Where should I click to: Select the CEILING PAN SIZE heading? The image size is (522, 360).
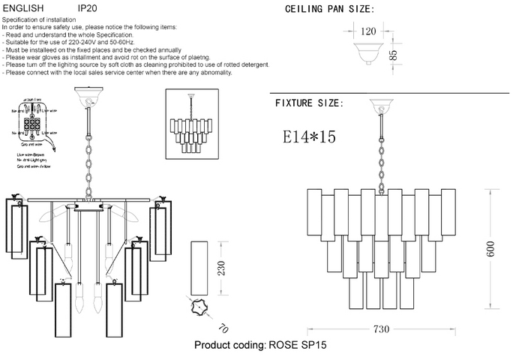(329, 10)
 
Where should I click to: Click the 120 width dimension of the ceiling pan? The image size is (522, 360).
(368, 32)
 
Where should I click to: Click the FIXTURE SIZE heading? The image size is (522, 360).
(309, 103)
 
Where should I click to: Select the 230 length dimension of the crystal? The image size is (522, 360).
(221, 268)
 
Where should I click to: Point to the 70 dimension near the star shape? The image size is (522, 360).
(223, 328)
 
